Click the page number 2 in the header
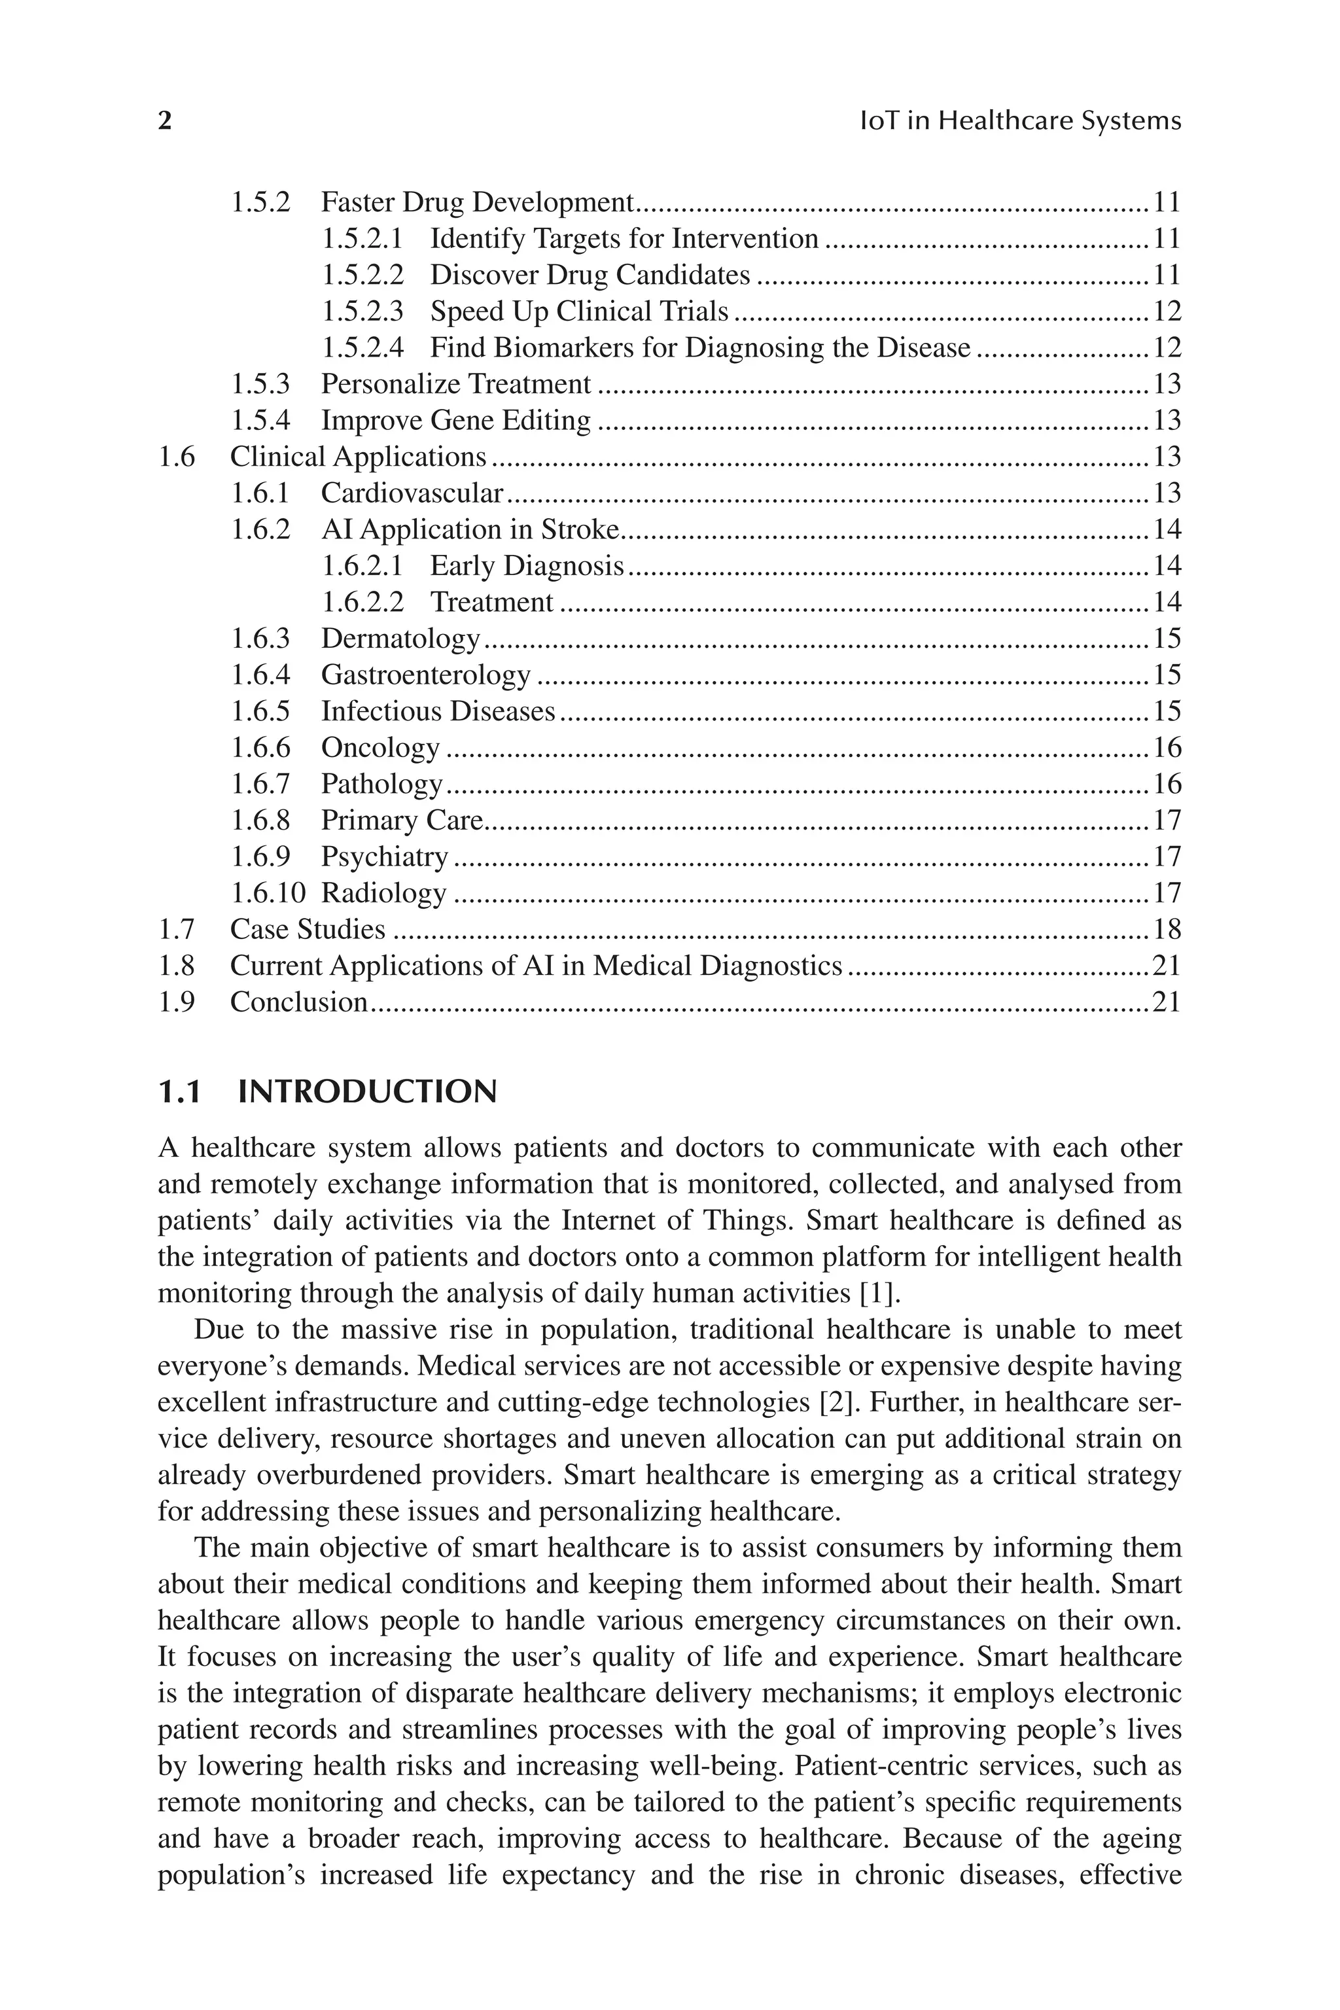[165, 120]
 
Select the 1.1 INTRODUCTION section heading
[327, 1092]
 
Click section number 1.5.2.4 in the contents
[362, 348]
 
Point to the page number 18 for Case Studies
[1167, 929]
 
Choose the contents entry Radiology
[383, 893]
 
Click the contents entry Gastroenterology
[425, 675]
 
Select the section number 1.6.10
[268, 893]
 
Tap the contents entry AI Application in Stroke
[470, 530]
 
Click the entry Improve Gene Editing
[455, 421]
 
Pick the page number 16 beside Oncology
[1167, 748]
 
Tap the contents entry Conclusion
[299, 1002]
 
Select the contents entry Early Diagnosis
[527, 566]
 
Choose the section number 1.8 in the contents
[177, 966]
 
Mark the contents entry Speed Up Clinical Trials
[578, 311]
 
